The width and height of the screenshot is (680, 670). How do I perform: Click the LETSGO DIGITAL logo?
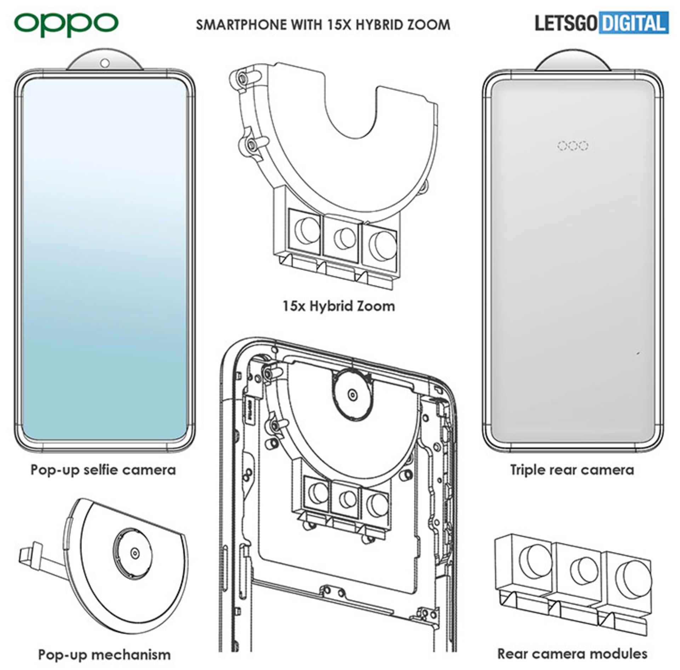pyautogui.click(x=601, y=23)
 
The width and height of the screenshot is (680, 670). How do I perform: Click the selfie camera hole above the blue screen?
pyautogui.click(x=104, y=63)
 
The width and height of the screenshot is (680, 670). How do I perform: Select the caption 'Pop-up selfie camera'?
pyautogui.click(x=103, y=470)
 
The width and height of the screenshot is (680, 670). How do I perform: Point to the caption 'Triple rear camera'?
pyautogui.click(x=572, y=470)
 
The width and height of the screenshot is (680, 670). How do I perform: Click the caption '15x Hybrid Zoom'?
pyautogui.click(x=339, y=306)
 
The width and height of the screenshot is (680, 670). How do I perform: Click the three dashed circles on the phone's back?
pyautogui.click(x=573, y=145)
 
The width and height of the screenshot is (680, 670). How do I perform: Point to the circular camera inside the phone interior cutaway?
pyautogui.click(x=352, y=394)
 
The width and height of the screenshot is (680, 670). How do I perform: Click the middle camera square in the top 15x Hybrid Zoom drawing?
pyautogui.click(x=342, y=236)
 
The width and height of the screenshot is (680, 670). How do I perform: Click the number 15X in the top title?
pyautogui.click(x=338, y=25)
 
